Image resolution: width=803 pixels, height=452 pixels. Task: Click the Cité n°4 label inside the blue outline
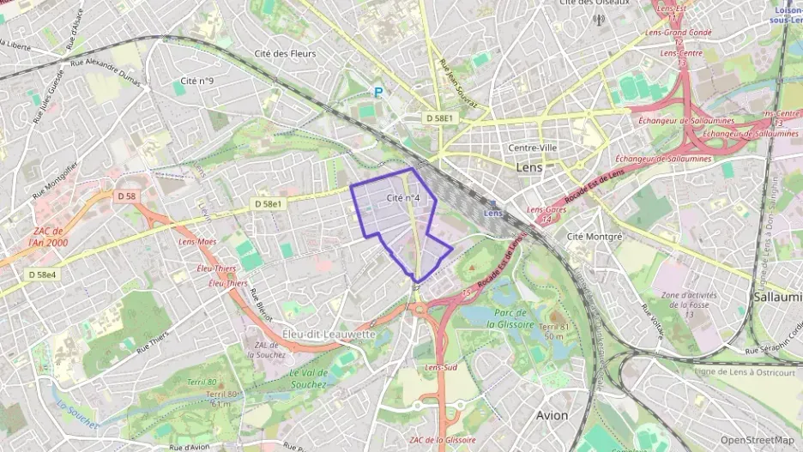click(403, 198)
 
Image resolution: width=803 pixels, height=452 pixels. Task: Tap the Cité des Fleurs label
click(285, 53)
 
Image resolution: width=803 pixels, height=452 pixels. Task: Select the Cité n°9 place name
click(192, 81)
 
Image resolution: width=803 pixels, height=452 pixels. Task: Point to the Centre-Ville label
click(533, 148)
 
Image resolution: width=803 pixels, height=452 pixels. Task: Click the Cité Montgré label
click(595, 235)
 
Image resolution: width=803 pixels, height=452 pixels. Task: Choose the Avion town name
click(552, 415)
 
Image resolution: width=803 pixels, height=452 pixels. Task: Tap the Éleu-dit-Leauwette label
click(329, 333)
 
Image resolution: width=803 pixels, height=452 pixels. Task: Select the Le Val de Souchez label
click(309, 379)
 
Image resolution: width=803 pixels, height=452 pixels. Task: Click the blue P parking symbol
click(377, 92)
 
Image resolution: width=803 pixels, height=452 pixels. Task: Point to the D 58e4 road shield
click(41, 274)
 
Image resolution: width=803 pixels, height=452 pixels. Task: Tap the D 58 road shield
click(125, 196)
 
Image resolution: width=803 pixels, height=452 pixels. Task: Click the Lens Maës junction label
click(197, 243)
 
